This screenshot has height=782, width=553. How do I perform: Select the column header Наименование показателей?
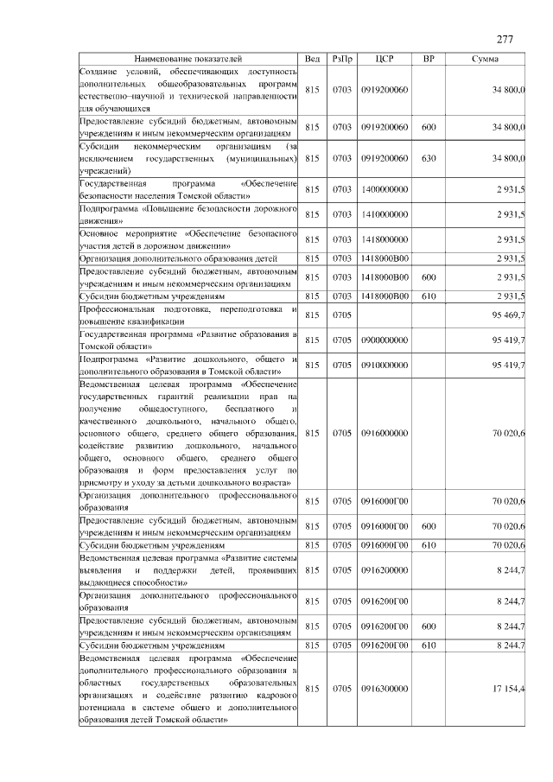coord(188,58)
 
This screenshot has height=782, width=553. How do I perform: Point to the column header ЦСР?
coord(385,58)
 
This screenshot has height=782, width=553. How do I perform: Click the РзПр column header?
coord(341,58)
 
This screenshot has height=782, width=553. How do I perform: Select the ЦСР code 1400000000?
coord(385,189)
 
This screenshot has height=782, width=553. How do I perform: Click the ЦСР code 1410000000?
coord(385,214)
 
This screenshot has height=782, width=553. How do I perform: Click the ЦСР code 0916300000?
coord(385,689)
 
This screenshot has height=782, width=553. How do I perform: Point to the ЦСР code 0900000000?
coord(385,340)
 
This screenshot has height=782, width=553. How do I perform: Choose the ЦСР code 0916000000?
coord(385,433)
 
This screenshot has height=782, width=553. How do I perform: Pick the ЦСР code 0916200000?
coord(385,570)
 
